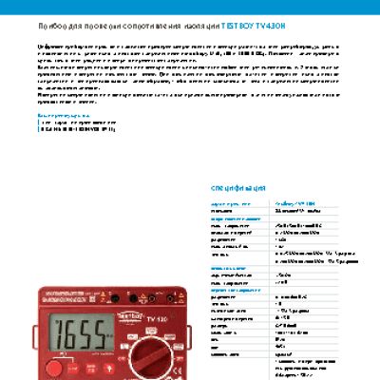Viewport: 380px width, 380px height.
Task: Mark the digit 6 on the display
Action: click(72, 337)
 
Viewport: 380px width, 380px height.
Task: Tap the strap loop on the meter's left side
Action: click(39, 328)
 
